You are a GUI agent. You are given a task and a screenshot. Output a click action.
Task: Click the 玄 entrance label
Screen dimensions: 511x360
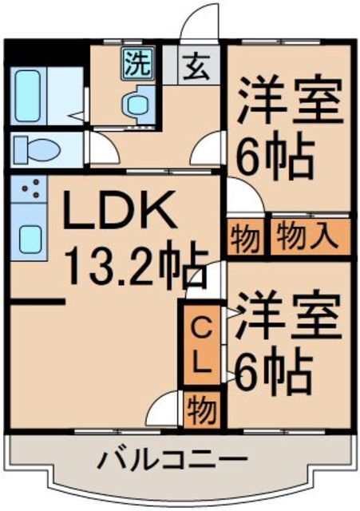197,67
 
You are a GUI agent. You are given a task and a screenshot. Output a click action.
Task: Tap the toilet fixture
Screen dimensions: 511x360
35,149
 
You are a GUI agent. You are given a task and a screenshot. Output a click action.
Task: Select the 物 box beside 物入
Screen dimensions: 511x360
243,237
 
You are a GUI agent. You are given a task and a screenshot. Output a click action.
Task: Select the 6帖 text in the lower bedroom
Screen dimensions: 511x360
271,368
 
